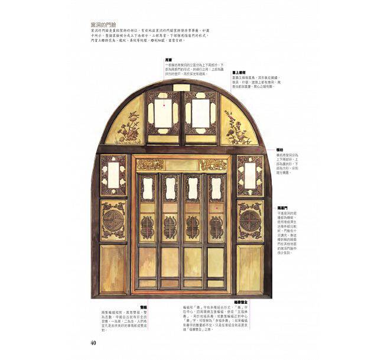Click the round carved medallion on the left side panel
pos(113,222)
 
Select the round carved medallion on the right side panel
pos(251,222)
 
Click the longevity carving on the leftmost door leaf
pos(147,226)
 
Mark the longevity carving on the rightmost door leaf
pos(216,226)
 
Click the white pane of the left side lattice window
pos(113,175)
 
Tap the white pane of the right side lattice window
pos(251,175)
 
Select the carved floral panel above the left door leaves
pos(150,164)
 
